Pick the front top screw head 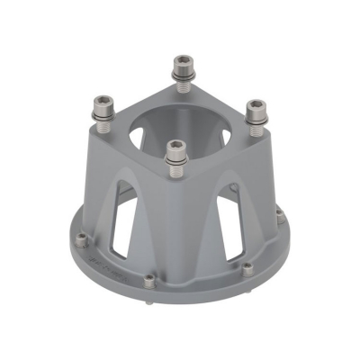tap(176, 146)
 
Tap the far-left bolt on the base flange tap(83, 238)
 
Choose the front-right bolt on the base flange tap(247, 268)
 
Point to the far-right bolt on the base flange tap(281, 217)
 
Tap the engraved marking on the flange tap(108, 265)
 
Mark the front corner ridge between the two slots tap(176, 225)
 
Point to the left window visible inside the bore tap(144, 135)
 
